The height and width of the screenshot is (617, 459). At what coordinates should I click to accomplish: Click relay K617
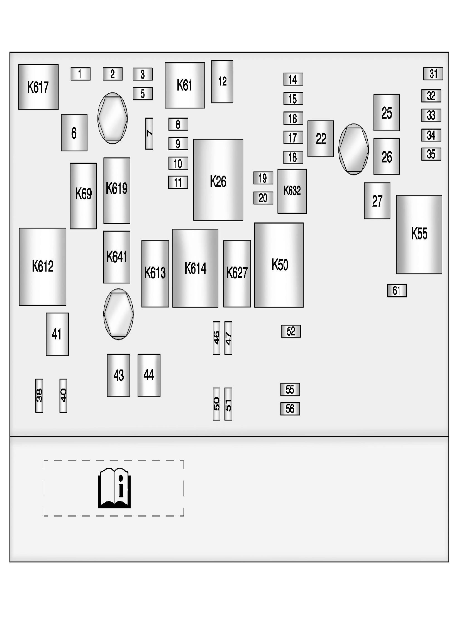pyautogui.click(x=38, y=87)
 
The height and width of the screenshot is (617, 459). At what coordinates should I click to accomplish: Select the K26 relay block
pyautogui.click(x=218, y=180)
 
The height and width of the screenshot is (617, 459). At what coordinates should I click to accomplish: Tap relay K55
pyautogui.click(x=419, y=234)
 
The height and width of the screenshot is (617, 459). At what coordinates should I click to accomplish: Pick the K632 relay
pyautogui.click(x=292, y=191)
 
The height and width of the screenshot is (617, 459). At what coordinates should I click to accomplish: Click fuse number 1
pyautogui.click(x=80, y=74)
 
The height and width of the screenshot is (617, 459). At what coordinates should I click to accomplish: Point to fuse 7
pyautogui.click(x=149, y=134)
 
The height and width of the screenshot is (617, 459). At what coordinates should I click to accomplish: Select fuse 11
pyautogui.click(x=178, y=182)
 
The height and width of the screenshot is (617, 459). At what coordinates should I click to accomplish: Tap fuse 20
pyautogui.click(x=263, y=198)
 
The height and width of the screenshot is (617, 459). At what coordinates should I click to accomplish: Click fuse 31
pyautogui.click(x=433, y=74)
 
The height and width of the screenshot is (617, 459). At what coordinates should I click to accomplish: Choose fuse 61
pyautogui.click(x=397, y=290)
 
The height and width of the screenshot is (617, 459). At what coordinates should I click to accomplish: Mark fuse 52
pyautogui.click(x=291, y=331)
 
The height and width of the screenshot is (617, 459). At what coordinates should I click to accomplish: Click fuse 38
pyautogui.click(x=39, y=396)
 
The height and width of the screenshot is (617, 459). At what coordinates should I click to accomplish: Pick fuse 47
pyautogui.click(x=228, y=338)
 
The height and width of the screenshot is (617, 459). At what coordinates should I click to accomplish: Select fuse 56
pyautogui.click(x=290, y=409)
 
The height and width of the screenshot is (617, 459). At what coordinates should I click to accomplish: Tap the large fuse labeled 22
pyautogui.click(x=321, y=138)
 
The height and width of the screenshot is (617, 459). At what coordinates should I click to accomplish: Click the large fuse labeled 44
pyautogui.click(x=149, y=375)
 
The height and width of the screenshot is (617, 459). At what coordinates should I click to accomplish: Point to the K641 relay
pyautogui.click(x=117, y=257)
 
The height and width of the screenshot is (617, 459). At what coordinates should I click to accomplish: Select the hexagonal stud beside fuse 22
pyautogui.click(x=353, y=149)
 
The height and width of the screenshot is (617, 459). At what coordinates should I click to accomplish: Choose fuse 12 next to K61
pyautogui.click(x=222, y=82)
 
